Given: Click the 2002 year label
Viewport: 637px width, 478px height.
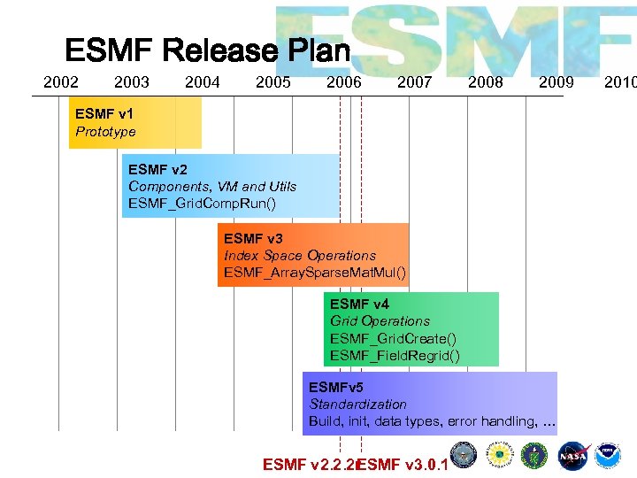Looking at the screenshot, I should [x=61, y=82].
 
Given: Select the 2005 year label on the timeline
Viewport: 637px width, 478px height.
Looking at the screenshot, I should [x=272, y=82].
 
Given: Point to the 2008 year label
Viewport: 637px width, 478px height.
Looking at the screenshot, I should [x=485, y=82].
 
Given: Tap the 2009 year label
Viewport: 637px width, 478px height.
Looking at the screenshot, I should [x=556, y=82].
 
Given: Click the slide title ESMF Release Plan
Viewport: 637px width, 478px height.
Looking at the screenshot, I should [x=208, y=50].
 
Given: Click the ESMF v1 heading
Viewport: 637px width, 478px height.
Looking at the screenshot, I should [x=104, y=113].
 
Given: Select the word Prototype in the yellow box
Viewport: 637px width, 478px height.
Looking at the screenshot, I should [x=105, y=132].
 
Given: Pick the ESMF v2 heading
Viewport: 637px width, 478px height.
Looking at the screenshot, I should [x=157, y=168].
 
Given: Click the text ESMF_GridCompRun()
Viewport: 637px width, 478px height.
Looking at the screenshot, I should [x=202, y=204].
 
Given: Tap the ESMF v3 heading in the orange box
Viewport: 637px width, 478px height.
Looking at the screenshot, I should [x=253, y=238].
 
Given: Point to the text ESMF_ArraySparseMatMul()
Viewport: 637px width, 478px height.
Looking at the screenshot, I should [x=315, y=273].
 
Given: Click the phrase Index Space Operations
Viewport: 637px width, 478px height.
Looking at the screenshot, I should [x=299, y=255].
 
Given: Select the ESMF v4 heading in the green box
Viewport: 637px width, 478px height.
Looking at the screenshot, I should [x=359, y=305].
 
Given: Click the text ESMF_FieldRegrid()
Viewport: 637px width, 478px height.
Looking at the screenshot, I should [x=395, y=356].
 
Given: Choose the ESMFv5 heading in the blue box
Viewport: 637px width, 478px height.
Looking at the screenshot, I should [x=335, y=387].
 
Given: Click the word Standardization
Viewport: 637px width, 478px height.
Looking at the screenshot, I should [x=357, y=404].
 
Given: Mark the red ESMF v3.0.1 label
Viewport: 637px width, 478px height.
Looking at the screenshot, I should [x=403, y=464].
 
